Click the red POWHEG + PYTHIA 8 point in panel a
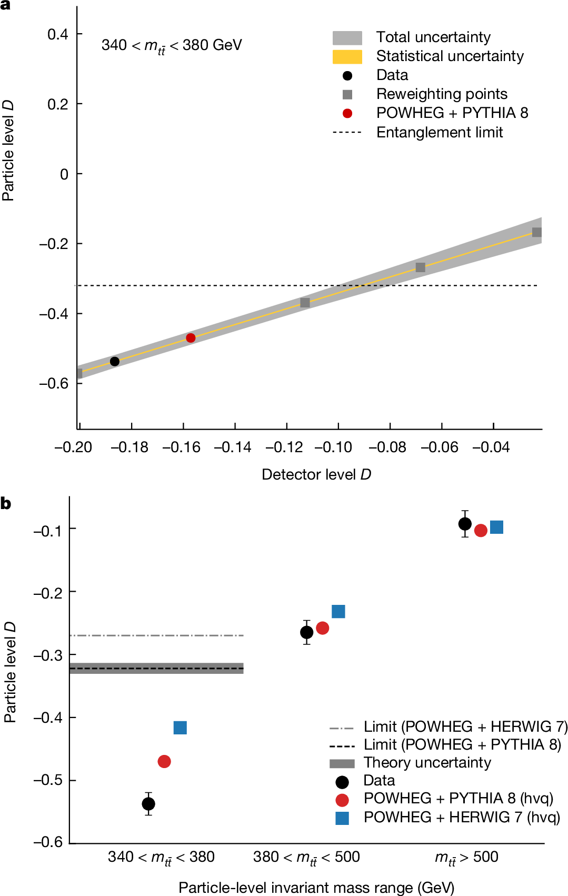191,338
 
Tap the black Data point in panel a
115,362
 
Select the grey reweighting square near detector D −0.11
305,303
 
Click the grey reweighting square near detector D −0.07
420,267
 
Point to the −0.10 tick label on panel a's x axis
333,447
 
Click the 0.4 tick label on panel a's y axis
58,35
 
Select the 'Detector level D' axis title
316,475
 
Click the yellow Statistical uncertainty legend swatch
347,57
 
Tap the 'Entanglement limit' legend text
440,133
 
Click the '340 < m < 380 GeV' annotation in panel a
172,46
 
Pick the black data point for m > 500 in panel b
465,524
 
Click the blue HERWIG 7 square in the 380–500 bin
338,612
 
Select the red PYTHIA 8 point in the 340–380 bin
164,762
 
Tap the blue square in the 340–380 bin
180,728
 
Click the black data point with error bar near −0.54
148,804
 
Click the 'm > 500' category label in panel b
466,857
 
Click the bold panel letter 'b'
6,504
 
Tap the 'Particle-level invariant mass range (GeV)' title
316,888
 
